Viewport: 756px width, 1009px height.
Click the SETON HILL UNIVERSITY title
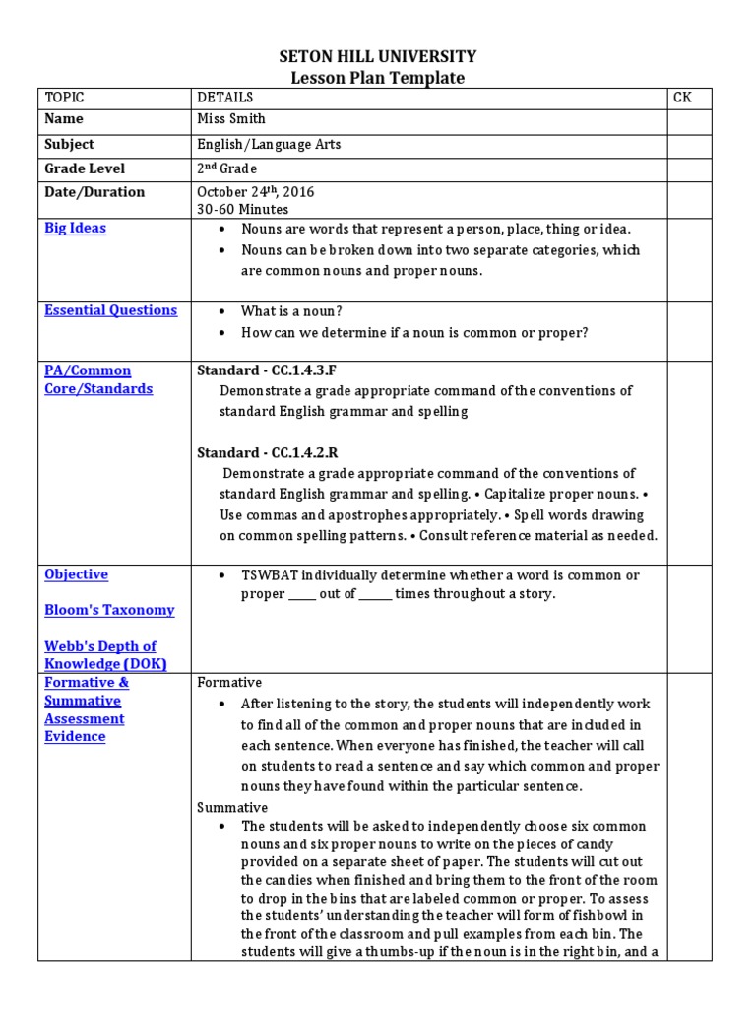point(378,57)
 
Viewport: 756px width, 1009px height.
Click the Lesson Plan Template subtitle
point(378,79)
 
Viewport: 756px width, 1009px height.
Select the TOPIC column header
point(65,97)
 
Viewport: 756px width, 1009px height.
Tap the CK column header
point(682,97)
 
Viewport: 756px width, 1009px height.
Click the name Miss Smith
point(231,120)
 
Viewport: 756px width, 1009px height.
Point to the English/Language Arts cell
point(269,144)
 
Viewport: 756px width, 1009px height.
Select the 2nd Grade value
point(225,168)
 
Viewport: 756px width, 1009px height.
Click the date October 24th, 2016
point(256,192)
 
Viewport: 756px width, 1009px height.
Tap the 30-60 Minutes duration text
point(243,209)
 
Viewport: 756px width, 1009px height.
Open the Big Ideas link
point(76,228)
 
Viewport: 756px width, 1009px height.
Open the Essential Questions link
point(111,310)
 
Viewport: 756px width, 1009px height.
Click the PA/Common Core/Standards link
point(98,379)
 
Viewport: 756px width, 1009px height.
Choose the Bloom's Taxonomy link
point(109,610)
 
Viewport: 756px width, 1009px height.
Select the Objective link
point(77,574)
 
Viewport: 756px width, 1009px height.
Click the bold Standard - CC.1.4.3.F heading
point(266,370)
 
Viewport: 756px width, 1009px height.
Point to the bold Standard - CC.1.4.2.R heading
point(266,452)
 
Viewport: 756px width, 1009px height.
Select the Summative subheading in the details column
point(232,807)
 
